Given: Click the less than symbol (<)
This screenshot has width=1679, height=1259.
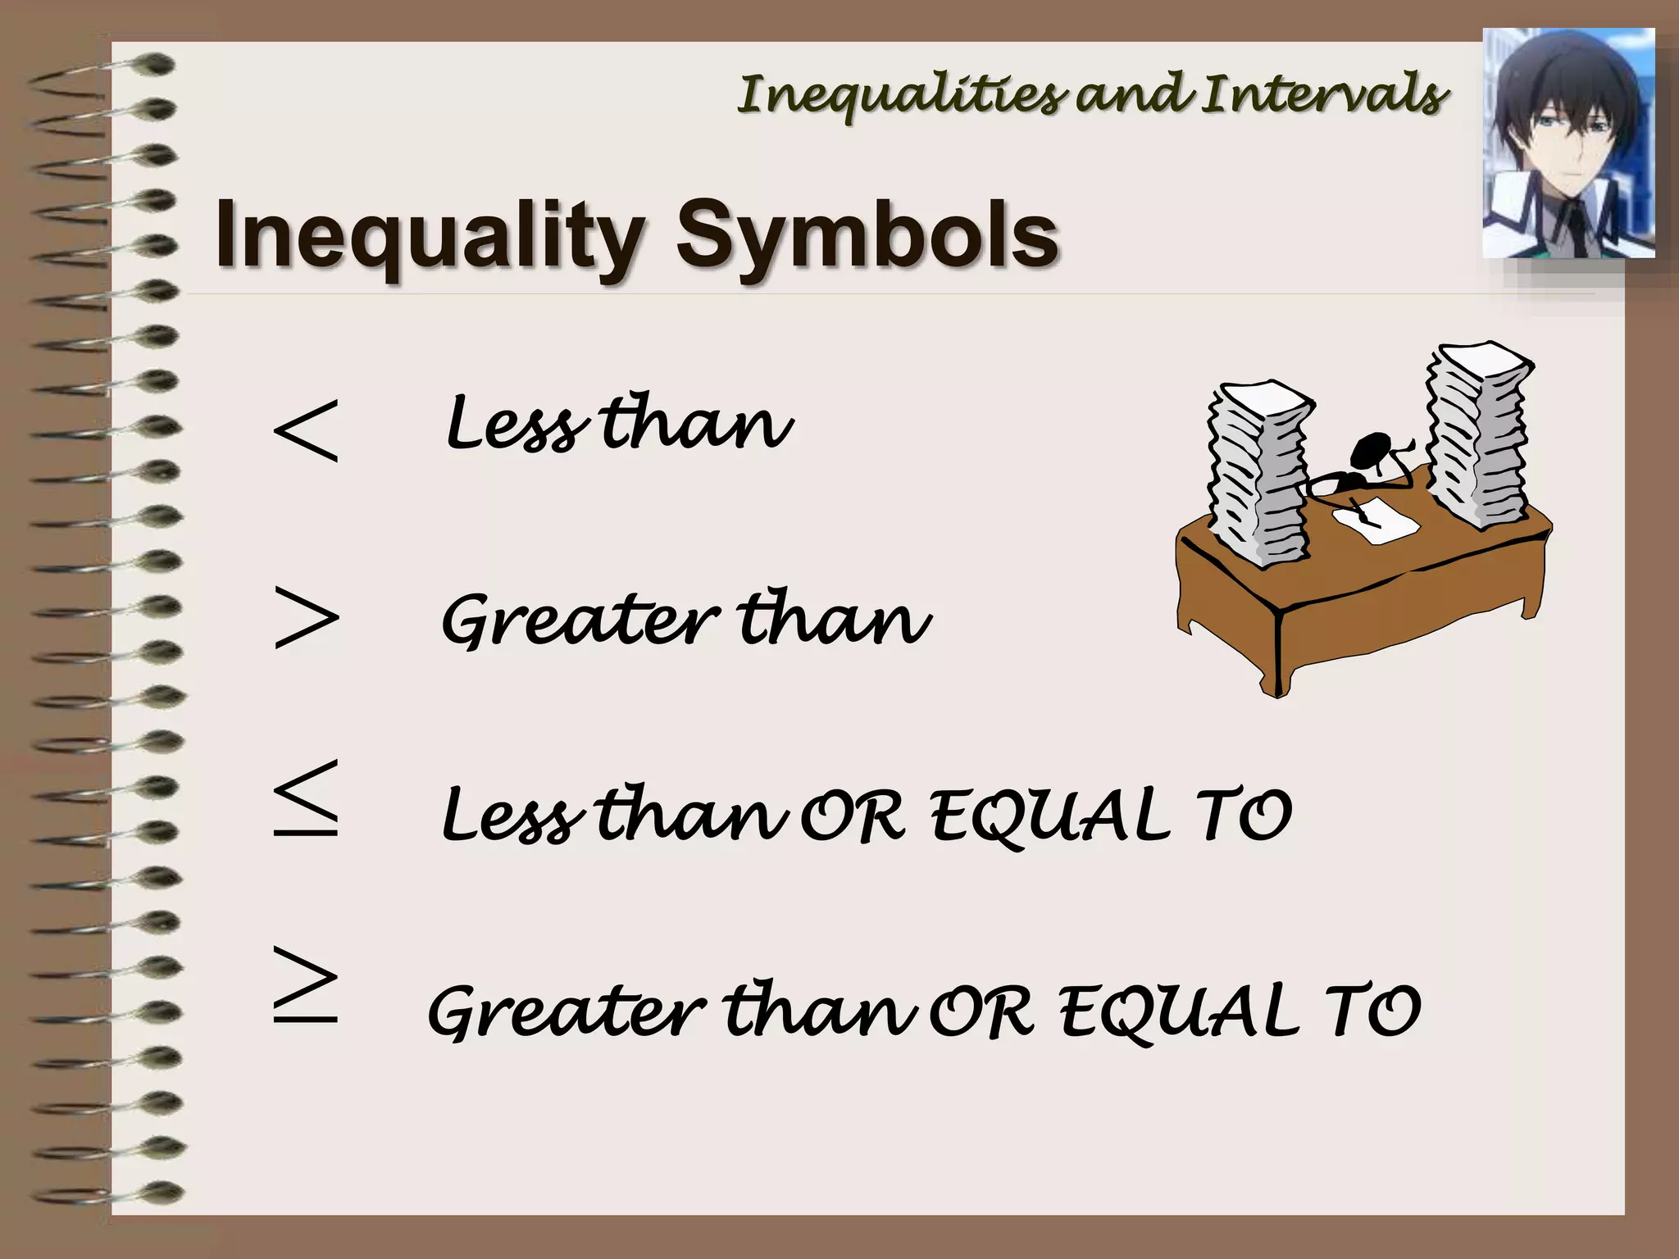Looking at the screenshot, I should tap(306, 431).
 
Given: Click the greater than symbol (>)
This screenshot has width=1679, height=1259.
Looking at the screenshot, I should tap(306, 617).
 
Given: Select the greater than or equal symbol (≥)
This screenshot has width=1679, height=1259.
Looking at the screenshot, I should tap(306, 984).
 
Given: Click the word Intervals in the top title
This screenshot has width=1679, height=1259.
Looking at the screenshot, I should tap(1323, 95).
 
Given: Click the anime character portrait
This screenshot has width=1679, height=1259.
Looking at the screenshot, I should tap(1568, 143).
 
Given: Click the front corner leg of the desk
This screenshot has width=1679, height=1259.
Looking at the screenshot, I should tap(1277, 656).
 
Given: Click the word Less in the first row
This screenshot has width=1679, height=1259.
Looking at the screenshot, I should tap(516, 425).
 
